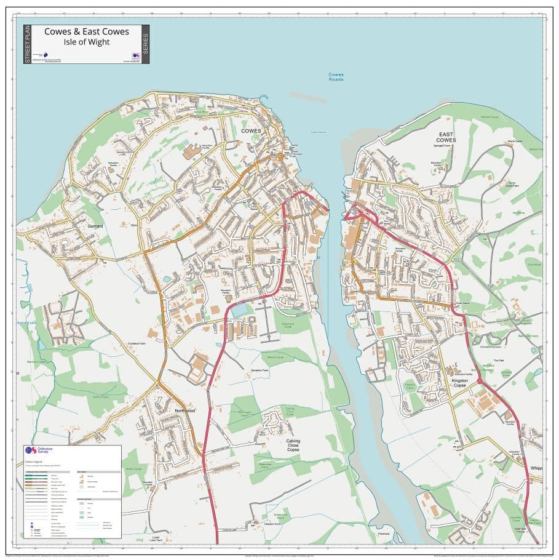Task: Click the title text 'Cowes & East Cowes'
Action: click(x=86, y=31)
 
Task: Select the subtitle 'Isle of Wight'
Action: click(x=86, y=42)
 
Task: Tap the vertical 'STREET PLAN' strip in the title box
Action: click(x=27, y=44)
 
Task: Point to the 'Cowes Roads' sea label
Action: click(x=336, y=77)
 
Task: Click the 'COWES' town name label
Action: click(x=251, y=131)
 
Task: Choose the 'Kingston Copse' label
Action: click(x=459, y=383)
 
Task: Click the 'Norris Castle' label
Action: click(x=515, y=142)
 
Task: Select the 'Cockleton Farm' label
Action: click(x=137, y=343)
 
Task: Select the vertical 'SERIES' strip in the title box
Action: click(x=145, y=44)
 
